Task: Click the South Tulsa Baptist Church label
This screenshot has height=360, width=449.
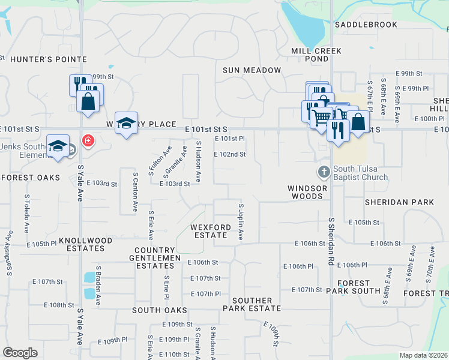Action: coord(361,172)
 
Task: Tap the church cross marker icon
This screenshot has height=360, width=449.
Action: coord(324,172)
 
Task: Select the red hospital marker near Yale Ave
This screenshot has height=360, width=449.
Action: coord(88,140)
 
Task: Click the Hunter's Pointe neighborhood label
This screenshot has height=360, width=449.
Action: coord(49,59)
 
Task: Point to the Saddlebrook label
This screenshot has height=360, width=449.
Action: coord(366,25)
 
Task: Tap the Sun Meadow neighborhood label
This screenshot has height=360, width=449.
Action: coord(252,70)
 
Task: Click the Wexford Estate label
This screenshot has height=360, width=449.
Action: coord(210,232)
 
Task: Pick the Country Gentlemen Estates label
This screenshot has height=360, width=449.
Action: coord(158,258)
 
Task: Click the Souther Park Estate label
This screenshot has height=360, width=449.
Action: coord(252,304)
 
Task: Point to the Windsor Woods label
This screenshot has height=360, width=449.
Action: coord(307,192)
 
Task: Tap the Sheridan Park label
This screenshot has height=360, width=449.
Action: coord(399,202)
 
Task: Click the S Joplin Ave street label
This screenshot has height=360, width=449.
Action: coord(241,222)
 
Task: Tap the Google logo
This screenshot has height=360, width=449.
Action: coord(20,353)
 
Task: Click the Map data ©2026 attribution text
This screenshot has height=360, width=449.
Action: coord(423,355)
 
